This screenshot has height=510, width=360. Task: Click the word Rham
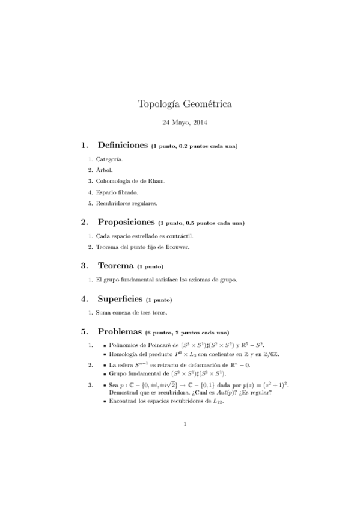156,181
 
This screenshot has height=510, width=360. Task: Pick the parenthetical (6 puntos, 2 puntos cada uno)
193,332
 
